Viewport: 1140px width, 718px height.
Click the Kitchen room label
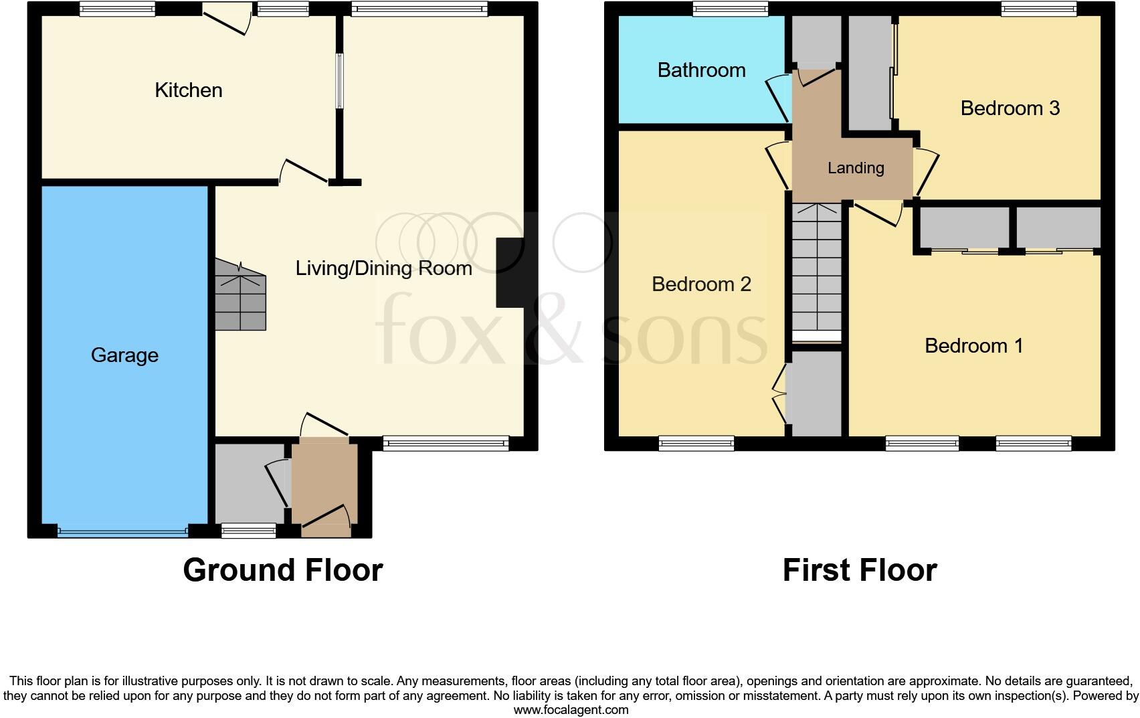(188, 90)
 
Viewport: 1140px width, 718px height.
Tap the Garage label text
(124, 355)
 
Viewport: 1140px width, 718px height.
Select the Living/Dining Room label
(383, 268)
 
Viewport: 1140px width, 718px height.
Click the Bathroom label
(701, 70)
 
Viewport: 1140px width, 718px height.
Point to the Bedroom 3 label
(1010, 108)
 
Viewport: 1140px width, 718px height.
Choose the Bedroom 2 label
(701, 284)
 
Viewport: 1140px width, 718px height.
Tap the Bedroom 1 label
(973, 346)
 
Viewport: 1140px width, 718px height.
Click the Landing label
(856, 168)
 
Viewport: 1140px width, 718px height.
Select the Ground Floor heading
(282, 570)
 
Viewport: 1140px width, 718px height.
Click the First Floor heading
(859, 570)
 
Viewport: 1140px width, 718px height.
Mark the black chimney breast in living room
(510, 272)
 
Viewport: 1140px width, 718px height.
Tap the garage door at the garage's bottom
(122, 533)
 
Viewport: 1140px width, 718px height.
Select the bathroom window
(730, 9)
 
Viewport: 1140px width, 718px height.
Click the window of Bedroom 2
(696, 442)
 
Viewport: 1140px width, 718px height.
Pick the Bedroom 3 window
(1039, 9)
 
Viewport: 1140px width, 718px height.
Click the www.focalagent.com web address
(570, 710)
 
